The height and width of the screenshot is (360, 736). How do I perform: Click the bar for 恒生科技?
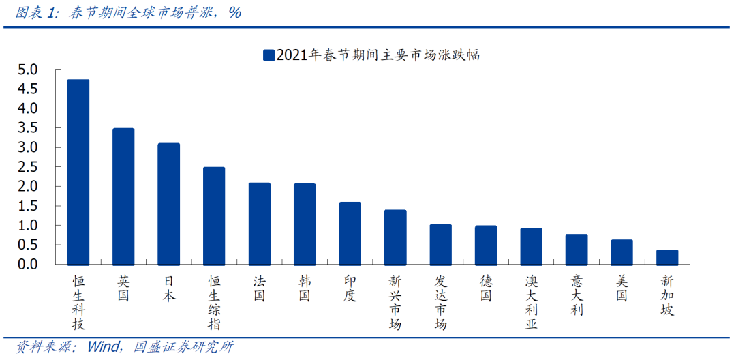[x=78, y=172]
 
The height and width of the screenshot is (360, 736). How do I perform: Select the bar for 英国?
[x=123, y=196]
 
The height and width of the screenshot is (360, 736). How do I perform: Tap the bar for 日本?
[x=168, y=204]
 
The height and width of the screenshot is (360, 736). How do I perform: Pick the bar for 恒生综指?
[x=214, y=216]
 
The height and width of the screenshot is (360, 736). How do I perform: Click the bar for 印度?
[x=350, y=233]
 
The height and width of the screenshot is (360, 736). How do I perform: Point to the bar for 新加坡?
[x=667, y=257]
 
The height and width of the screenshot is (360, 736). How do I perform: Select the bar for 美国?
[x=622, y=252]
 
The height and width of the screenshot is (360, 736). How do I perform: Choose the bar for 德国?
[x=486, y=245]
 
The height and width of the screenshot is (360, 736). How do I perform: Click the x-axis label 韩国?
[x=305, y=288]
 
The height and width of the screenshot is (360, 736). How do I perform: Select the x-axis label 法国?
[x=259, y=288]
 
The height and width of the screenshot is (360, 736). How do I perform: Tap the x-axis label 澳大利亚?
[x=532, y=302]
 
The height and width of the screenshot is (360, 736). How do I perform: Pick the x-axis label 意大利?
[x=577, y=295]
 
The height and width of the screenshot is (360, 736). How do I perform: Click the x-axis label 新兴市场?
[x=395, y=302]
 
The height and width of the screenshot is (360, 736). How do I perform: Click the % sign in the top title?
[x=234, y=13]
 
